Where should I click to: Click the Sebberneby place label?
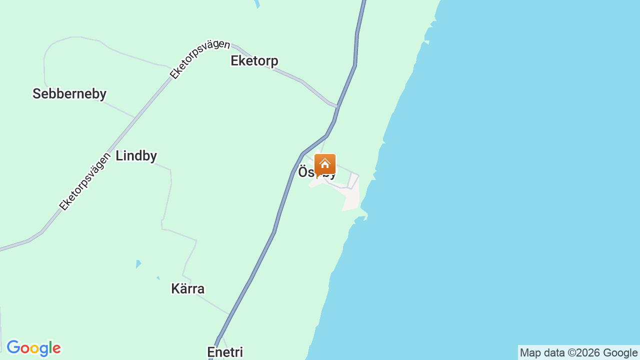point(69,94)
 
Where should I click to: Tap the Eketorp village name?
point(254,61)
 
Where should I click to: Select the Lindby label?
point(136,156)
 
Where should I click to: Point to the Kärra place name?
point(187,289)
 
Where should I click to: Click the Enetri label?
point(225,352)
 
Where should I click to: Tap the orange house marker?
point(325,164)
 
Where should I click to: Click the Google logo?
point(33,348)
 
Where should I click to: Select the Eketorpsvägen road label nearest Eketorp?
point(199,59)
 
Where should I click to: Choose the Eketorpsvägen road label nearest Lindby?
point(84,181)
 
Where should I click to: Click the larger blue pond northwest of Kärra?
point(138,264)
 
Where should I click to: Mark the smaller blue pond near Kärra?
point(158,277)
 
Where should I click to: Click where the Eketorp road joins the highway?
point(338,106)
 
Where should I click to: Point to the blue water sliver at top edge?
point(257,3)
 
